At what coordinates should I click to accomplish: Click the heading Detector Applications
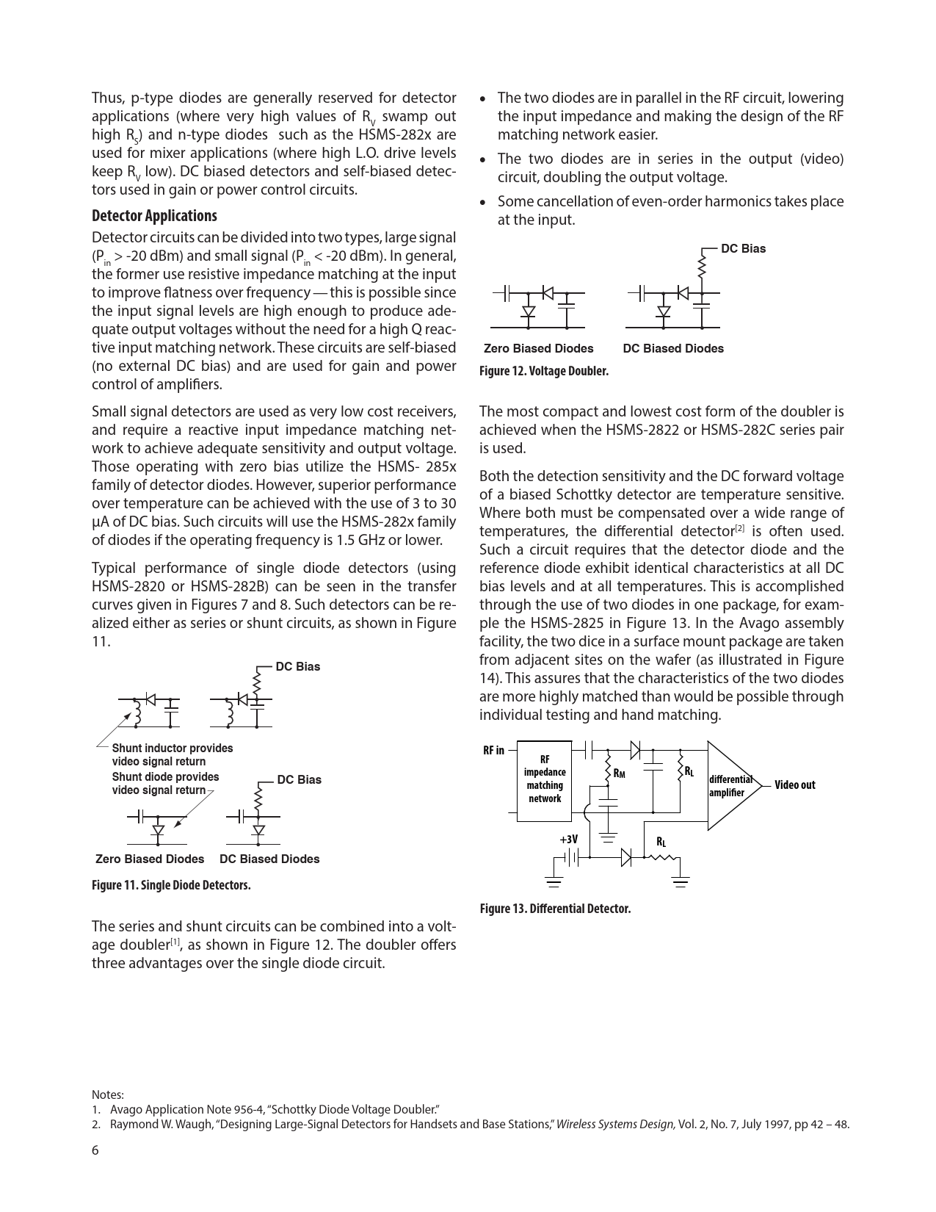[154, 216]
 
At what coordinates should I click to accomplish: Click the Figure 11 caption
[171, 885]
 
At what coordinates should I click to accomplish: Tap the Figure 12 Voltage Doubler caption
[543, 371]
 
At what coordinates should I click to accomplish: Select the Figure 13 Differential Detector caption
[555, 909]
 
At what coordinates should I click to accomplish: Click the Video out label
[794, 785]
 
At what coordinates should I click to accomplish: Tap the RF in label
[493, 750]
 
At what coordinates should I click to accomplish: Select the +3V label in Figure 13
[568, 839]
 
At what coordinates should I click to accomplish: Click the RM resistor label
[619, 773]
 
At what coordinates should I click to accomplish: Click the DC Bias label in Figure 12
[743, 249]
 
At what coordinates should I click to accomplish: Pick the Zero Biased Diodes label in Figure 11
[150, 859]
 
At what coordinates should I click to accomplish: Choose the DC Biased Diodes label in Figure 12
[673, 349]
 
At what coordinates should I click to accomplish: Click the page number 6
[95, 1150]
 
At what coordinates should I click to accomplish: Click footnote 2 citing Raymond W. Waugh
[470, 1125]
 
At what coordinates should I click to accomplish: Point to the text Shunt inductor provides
[173, 749]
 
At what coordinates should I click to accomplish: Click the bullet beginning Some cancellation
[670, 210]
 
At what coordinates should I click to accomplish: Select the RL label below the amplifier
[661, 842]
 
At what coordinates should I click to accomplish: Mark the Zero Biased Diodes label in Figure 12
[539, 349]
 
